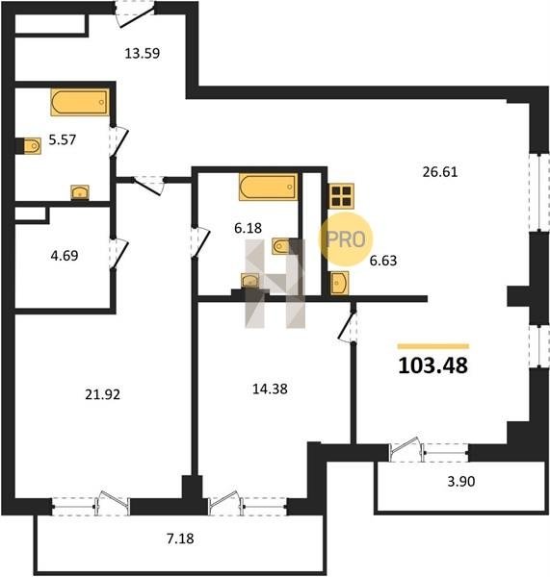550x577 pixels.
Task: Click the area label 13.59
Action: click(x=143, y=54)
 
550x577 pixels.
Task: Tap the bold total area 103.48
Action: click(x=433, y=365)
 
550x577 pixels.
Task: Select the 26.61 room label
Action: click(x=440, y=172)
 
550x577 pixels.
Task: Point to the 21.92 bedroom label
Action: click(x=102, y=395)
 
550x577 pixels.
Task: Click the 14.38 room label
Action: click(x=270, y=389)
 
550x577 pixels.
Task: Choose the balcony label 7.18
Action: click(x=180, y=539)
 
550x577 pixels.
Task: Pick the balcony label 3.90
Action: click(x=461, y=482)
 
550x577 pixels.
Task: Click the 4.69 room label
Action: click(x=65, y=256)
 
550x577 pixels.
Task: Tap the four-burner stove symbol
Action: click(x=342, y=196)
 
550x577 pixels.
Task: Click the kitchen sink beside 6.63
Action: click(x=339, y=283)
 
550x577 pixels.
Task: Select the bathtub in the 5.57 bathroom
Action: click(x=80, y=102)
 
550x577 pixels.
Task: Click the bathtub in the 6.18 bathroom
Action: click(x=268, y=187)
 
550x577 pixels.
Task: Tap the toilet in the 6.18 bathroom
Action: click(x=281, y=246)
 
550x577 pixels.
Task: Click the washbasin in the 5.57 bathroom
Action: click(x=80, y=192)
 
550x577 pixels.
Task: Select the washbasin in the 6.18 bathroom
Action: click(x=250, y=281)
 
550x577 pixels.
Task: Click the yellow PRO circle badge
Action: click(x=346, y=239)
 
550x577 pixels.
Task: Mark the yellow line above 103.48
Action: click(x=433, y=346)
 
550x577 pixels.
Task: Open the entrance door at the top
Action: click(x=135, y=15)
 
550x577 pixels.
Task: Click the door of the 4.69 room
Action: click(x=118, y=254)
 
